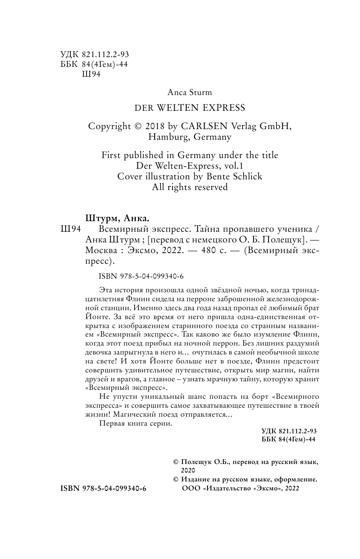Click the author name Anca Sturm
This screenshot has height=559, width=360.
190,92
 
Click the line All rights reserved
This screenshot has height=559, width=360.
190,187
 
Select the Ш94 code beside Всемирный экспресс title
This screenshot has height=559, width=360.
71,229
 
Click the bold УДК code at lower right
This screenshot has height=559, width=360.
289,431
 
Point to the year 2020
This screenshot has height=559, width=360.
187,470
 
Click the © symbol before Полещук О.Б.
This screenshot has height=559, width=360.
175,462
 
